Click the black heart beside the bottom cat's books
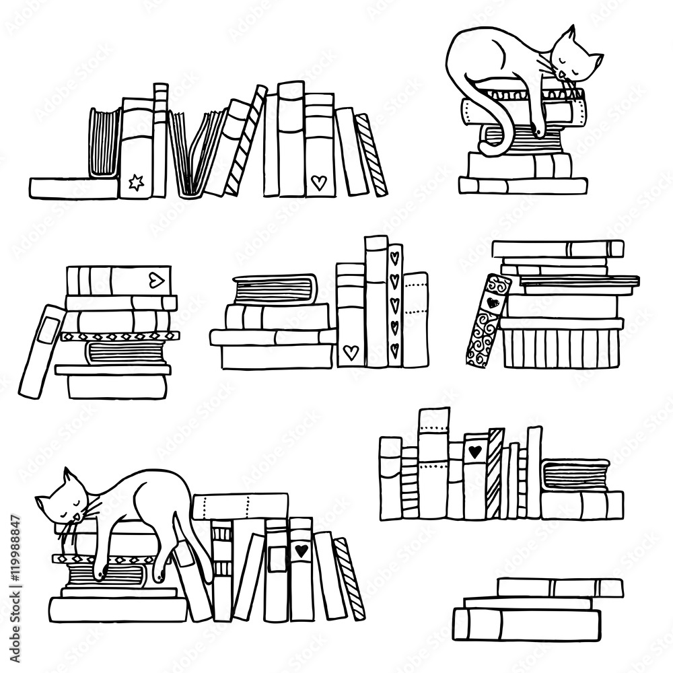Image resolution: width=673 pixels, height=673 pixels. [x=300, y=551]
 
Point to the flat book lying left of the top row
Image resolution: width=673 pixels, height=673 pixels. [x=74, y=188]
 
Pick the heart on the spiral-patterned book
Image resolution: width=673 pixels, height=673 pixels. [x=493, y=302]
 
